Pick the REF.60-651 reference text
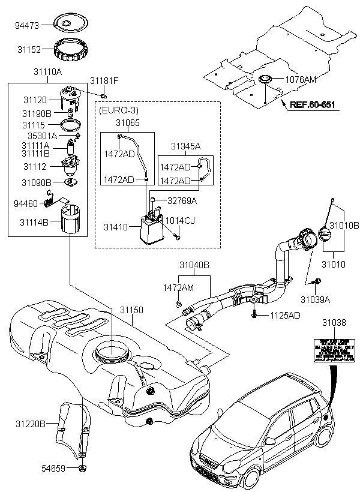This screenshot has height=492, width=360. click(312, 105)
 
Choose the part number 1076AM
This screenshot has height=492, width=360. click(301, 79)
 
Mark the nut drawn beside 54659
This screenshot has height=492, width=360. click(82, 467)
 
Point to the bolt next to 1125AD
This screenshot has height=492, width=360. click(256, 313)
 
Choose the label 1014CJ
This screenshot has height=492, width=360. click(180, 220)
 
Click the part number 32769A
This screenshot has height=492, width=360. click(182, 200)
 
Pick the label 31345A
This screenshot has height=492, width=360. click(186, 146)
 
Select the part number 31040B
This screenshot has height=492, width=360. click(194, 265)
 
